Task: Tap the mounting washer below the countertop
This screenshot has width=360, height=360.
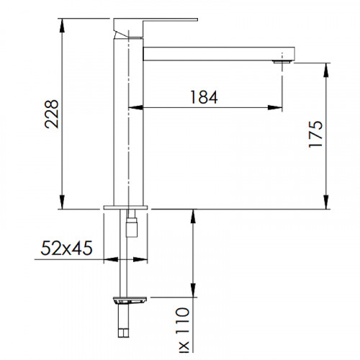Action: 130,297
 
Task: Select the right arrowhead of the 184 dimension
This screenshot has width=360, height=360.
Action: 276,109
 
